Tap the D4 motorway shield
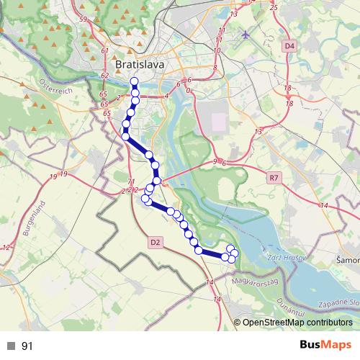coord(289,46)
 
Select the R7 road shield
coord(273,176)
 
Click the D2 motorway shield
coord(156,242)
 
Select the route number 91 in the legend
coord(27,346)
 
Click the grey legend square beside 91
coord(11,346)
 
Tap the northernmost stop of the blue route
coord(135,81)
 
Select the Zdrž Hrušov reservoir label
coord(282,257)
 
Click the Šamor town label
coord(348,260)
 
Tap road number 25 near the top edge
coord(273,7)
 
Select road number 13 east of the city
coord(258,132)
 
